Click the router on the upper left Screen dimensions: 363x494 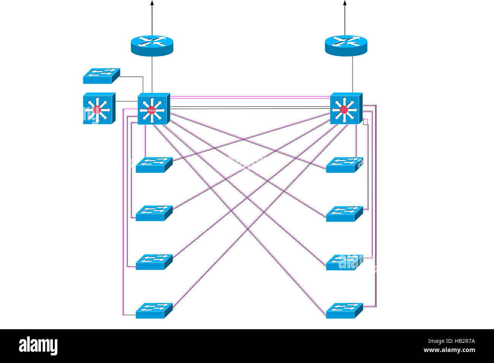coord(152,45)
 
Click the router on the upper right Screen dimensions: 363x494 coord(346,45)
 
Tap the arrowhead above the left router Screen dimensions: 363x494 coord(152,3)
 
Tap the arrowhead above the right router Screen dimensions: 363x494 coord(345,3)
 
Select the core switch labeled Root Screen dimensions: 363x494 coord(154,109)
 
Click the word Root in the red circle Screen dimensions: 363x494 coord(152,110)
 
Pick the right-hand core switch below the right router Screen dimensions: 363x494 coord(346,108)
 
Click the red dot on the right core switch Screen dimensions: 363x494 coord(344,110)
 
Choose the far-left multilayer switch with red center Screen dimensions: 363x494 coord(98,108)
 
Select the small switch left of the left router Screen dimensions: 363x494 coord(101,76)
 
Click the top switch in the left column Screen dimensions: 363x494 coord(154,165)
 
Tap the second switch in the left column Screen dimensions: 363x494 coord(154,213)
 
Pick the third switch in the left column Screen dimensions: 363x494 coord(154,262)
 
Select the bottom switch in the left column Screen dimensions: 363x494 coord(154,311)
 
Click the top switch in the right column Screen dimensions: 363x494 coord(344,165)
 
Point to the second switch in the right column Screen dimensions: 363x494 coord(344,214)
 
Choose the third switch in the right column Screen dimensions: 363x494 coord(344,262)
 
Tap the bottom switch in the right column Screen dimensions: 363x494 coord(344,311)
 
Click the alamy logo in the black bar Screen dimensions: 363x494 coord(38,346)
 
